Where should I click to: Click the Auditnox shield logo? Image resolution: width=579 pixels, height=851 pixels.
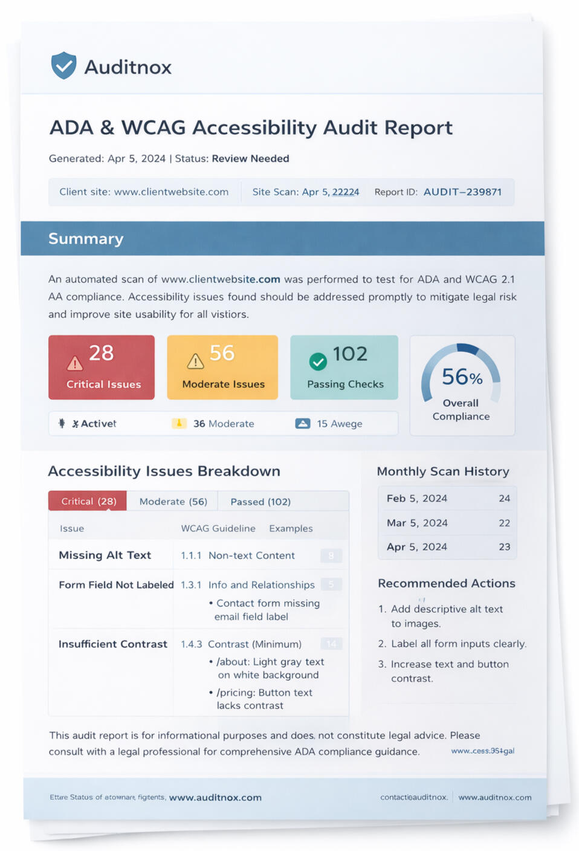63,65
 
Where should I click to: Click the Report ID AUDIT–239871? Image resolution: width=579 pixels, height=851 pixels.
462,192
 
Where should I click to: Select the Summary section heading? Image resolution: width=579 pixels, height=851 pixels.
86,239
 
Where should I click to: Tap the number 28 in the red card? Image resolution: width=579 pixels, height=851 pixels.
101,353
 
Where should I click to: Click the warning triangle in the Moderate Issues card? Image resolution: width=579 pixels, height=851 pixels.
195,361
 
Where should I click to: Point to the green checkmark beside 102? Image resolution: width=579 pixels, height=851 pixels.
318,361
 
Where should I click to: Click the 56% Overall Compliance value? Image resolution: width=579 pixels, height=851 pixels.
462,377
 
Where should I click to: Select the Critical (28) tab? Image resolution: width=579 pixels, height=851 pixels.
88,501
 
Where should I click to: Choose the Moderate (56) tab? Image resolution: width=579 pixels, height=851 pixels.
173,502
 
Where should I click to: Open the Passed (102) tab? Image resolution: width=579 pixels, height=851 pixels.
260,502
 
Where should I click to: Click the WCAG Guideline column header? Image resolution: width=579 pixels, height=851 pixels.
218,528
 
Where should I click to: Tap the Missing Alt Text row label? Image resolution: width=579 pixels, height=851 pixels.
105,555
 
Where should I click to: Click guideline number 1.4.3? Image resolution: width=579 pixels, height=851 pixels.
191,644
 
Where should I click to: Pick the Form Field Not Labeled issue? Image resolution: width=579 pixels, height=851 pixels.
116,585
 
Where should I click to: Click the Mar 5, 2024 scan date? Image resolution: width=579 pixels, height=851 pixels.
417,523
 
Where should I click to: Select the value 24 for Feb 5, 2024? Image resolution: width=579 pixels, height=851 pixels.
504,499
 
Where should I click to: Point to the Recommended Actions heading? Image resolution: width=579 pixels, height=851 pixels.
446,583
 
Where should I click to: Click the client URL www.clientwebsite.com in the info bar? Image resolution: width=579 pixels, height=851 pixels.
171,192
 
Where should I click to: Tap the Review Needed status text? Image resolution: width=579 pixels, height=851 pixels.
250,159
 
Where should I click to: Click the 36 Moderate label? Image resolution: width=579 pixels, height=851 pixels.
223,424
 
